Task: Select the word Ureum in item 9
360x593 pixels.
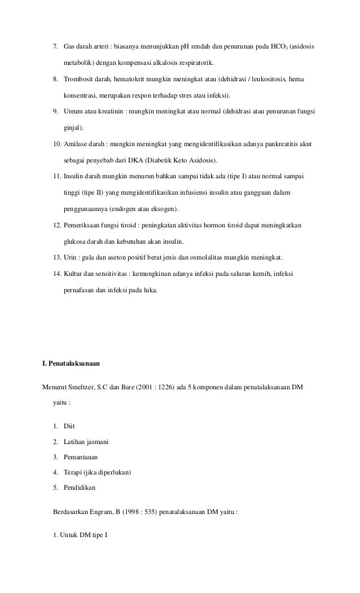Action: click(x=73, y=112)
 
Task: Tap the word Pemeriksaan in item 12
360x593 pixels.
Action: click(x=84, y=225)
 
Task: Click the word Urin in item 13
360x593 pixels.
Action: click(x=70, y=258)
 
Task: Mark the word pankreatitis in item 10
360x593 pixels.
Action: click(x=273, y=144)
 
